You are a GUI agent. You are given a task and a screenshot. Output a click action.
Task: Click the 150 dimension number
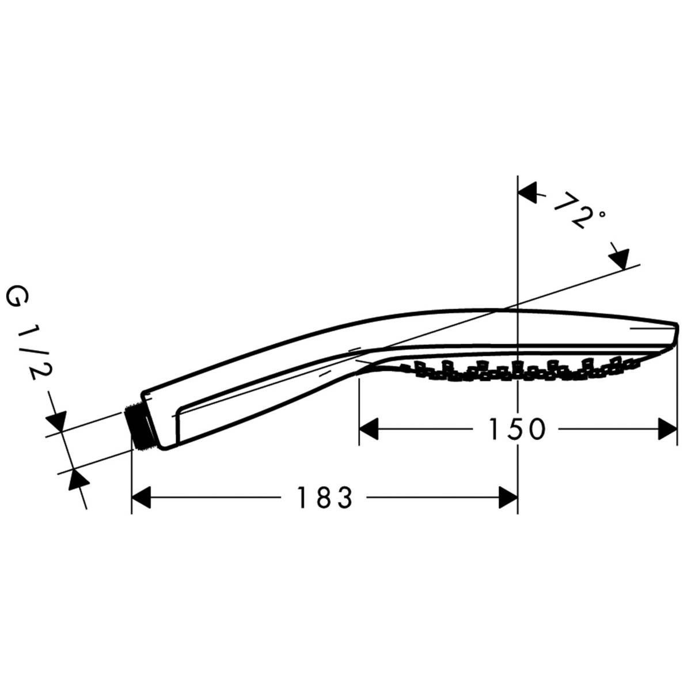tap(517, 429)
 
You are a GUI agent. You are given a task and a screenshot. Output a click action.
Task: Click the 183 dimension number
tap(324, 498)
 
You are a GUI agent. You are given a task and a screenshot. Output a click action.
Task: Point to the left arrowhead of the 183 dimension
tap(142, 498)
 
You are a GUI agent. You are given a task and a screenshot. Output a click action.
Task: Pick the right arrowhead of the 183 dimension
tap(507, 498)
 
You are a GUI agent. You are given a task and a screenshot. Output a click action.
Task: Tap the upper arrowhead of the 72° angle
tap(529, 193)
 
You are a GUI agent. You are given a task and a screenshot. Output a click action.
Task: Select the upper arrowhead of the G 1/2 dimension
tap(58, 421)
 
